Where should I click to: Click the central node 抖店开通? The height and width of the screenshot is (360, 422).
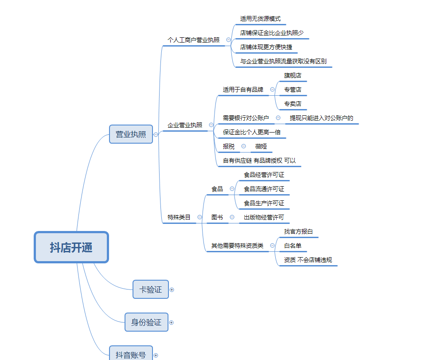coord(71,247)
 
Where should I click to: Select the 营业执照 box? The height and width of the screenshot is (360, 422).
coord(131,134)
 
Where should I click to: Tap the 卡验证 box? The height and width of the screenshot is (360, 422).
coord(151,290)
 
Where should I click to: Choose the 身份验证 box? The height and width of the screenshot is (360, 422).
coord(146,322)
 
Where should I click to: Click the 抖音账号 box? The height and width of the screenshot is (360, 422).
coord(131,353)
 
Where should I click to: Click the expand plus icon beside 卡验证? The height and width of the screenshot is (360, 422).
coord(172,290)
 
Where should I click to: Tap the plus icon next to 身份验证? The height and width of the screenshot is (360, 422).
coord(171,323)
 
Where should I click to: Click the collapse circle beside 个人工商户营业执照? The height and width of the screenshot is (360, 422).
coord(228,40)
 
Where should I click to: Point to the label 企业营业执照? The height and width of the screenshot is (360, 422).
coord(185,125)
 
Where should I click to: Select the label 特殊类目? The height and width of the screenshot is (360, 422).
coord(179,217)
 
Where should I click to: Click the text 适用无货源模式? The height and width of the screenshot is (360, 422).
coord(260,19)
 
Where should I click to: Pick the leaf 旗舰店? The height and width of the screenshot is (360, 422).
coord(293,75)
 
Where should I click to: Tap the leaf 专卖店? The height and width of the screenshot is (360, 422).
coord(293,104)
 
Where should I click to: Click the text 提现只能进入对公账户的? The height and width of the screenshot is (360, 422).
coord(321,118)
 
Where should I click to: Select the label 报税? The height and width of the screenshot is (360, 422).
coord(229,146)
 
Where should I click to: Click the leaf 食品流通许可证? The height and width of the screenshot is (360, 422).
coord(264,189)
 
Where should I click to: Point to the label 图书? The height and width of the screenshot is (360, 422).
coord(217,217)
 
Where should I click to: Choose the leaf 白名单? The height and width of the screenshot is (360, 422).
coord(293,246)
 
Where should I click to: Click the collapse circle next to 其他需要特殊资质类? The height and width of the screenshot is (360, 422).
coord(272,246)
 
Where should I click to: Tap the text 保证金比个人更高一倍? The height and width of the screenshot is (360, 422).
coord(252,132)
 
